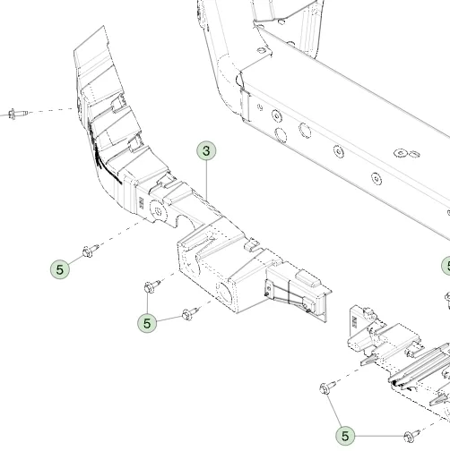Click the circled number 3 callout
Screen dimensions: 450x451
pos(206,151)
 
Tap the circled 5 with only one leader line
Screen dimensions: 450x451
pos(60,269)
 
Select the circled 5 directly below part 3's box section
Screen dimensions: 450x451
pos(147,323)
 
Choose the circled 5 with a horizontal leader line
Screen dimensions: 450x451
pos(345,436)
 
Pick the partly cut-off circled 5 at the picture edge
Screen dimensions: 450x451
pos(446,266)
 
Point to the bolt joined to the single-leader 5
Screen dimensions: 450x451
pos(91,251)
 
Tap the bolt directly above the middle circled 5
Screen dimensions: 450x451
pos(152,286)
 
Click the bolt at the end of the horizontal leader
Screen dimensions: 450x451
pos(411,436)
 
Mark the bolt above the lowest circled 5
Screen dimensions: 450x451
pos(327,387)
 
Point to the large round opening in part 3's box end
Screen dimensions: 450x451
pos(224,293)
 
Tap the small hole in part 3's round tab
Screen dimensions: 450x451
pos(159,212)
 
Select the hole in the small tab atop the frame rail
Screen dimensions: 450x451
pos(262,50)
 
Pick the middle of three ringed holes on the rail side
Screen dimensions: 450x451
pos(339,151)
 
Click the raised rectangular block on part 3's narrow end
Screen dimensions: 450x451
pos(307,278)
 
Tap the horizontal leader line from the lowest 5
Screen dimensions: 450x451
pos(379,436)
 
